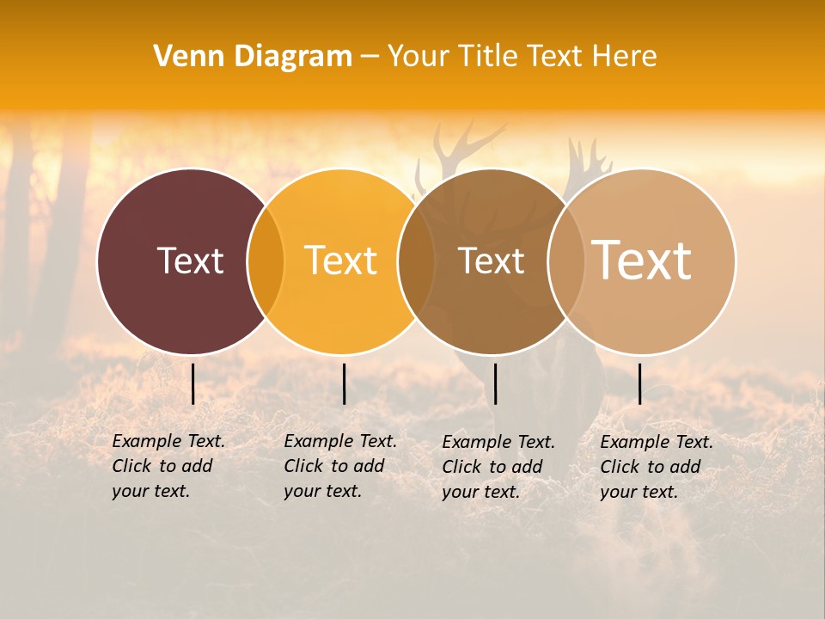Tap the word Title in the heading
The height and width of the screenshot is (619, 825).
[x=487, y=57]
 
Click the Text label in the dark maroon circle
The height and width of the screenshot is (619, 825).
[x=190, y=260]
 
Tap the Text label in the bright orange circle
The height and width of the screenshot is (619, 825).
[x=340, y=260]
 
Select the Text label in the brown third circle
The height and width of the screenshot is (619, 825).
[x=491, y=260]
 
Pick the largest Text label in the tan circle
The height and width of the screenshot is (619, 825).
[x=642, y=260]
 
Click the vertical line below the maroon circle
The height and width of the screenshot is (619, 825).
[x=193, y=383]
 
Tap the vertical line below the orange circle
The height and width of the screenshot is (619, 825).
[x=344, y=383]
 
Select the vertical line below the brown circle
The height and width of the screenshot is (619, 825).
[x=495, y=383]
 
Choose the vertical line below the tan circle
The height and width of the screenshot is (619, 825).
[x=639, y=383]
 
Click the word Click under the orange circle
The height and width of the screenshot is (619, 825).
[x=302, y=466]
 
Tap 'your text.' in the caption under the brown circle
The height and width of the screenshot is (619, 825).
[x=481, y=492]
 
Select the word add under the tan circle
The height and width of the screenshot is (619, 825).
[x=684, y=467]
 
